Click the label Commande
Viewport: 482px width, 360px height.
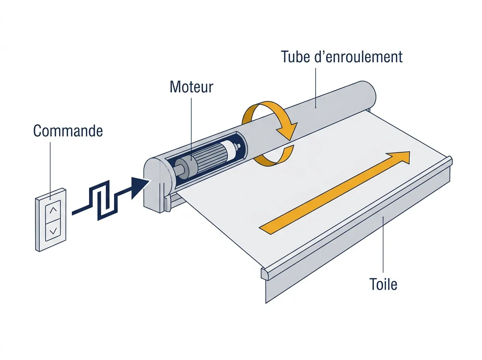(68, 131)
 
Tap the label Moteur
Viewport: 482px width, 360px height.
(191, 87)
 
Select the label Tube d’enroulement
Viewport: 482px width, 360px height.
(341, 57)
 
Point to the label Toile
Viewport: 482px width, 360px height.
(383, 284)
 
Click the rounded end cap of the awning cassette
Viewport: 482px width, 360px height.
(156, 184)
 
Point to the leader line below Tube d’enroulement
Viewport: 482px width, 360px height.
(316, 88)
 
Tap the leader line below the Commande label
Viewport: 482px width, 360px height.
(50, 171)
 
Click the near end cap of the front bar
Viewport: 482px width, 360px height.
(265, 274)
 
